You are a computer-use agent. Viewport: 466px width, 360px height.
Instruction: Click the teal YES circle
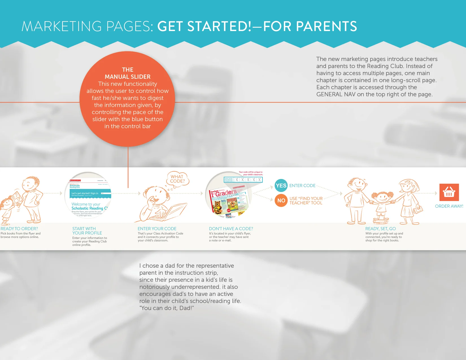(x=281, y=186)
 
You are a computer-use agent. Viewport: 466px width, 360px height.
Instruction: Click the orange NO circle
(x=281, y=200)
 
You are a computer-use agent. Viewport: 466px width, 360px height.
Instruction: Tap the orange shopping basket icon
(x=449, y=192)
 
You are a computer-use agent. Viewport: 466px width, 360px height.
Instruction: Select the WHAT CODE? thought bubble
(x=177, y=179)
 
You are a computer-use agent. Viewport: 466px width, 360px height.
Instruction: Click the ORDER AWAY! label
(x=449, y=206)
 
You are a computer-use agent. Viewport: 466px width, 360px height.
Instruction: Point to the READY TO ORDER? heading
(x=19, y=229)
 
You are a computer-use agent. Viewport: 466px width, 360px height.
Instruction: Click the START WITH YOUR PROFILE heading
(x=87, y=231)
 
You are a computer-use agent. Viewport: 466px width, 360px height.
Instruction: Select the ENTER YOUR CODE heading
(x=157, y=229)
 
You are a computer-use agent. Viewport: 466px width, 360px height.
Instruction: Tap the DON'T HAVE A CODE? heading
(x=231, y=229)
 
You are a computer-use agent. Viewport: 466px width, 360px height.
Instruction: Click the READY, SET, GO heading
(x=380, y=229)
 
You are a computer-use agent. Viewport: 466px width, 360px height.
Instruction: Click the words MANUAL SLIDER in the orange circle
(x=128, y=77)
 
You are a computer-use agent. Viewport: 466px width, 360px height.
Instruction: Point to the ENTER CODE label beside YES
(x=302, y=186)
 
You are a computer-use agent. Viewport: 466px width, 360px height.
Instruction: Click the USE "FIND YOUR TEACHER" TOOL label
(x=306, y=201)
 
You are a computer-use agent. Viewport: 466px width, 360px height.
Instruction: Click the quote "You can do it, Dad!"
(x=167, y=308)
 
